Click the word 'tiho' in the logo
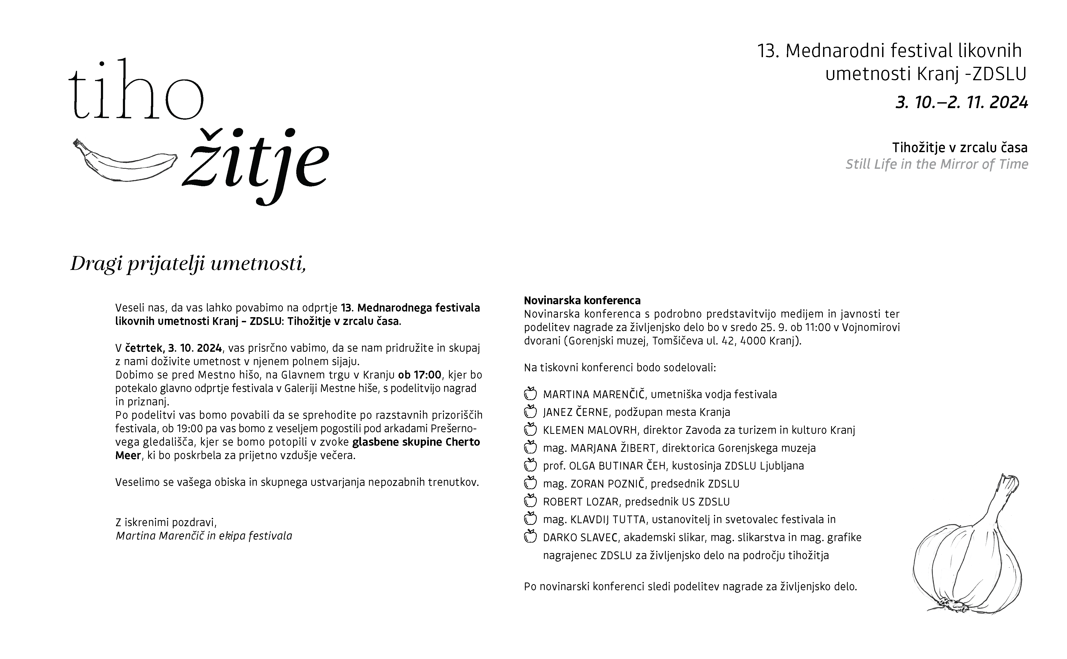pyautogui.click(x=136, y=92)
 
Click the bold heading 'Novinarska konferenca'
pyautogui.click(x=582, y=300)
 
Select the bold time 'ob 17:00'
pyautogui.click(x=419, y=375)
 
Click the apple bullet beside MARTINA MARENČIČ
pyautogui.click(x=530, y=394)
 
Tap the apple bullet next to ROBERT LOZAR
pyautogui.click(x=530, y=501)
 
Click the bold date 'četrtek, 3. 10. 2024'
pyautogui.click(x=173, y=348)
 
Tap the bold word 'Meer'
pyautogui.click(x=128, y=455)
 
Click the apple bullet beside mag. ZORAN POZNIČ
pyautogui.click(x=530, y=483)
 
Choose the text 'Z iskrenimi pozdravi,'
pyautogui.click(x=166, y=522)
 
